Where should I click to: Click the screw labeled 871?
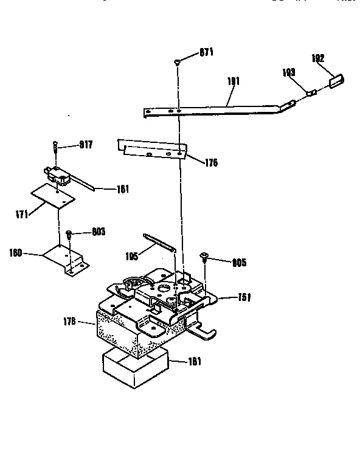(x=177, y=61)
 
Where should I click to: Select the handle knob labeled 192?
(x=336, y=80)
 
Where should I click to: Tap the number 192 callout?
(x=317, y=58)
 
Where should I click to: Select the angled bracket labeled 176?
(x=152, y=149)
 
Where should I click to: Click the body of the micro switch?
(x=58, y=176)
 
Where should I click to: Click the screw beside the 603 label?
(x=70, y=234)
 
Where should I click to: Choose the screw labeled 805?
(x=205, y=258)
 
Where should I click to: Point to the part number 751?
(x=244, y=297)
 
